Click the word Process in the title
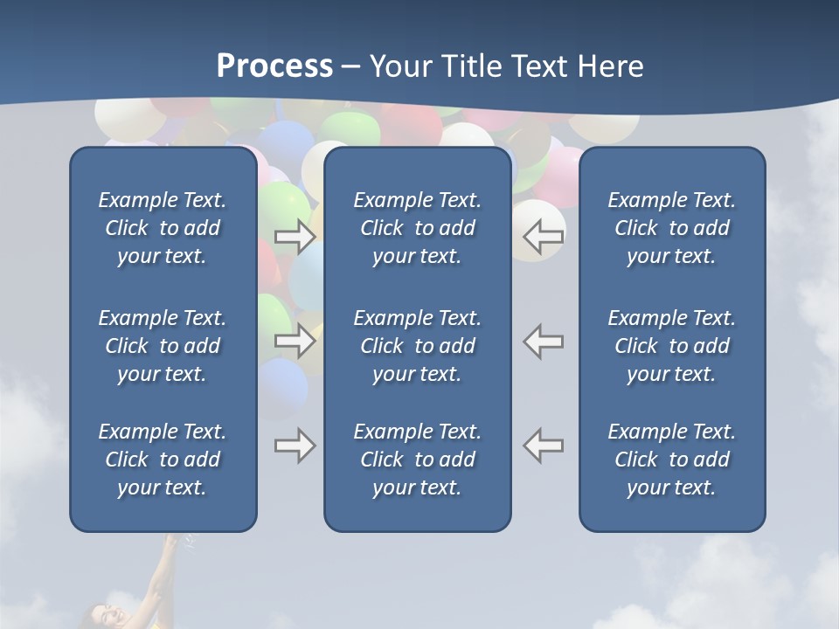[274, 66]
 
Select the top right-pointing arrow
[295, 237]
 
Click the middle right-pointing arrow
[295, 341]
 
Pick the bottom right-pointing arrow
[295, 446]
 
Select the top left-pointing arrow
[544, 237]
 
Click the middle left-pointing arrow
[544, 341]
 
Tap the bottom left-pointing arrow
[544, 446]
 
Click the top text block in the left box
[163, 228]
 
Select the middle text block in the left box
[163, 346]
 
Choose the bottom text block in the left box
[163, 460]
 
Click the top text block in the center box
[417, 228]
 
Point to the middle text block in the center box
[417, 346]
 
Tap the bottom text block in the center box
[417, 460]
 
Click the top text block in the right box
[671, 228]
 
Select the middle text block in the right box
[671, 346]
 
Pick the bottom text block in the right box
[671, 460]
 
